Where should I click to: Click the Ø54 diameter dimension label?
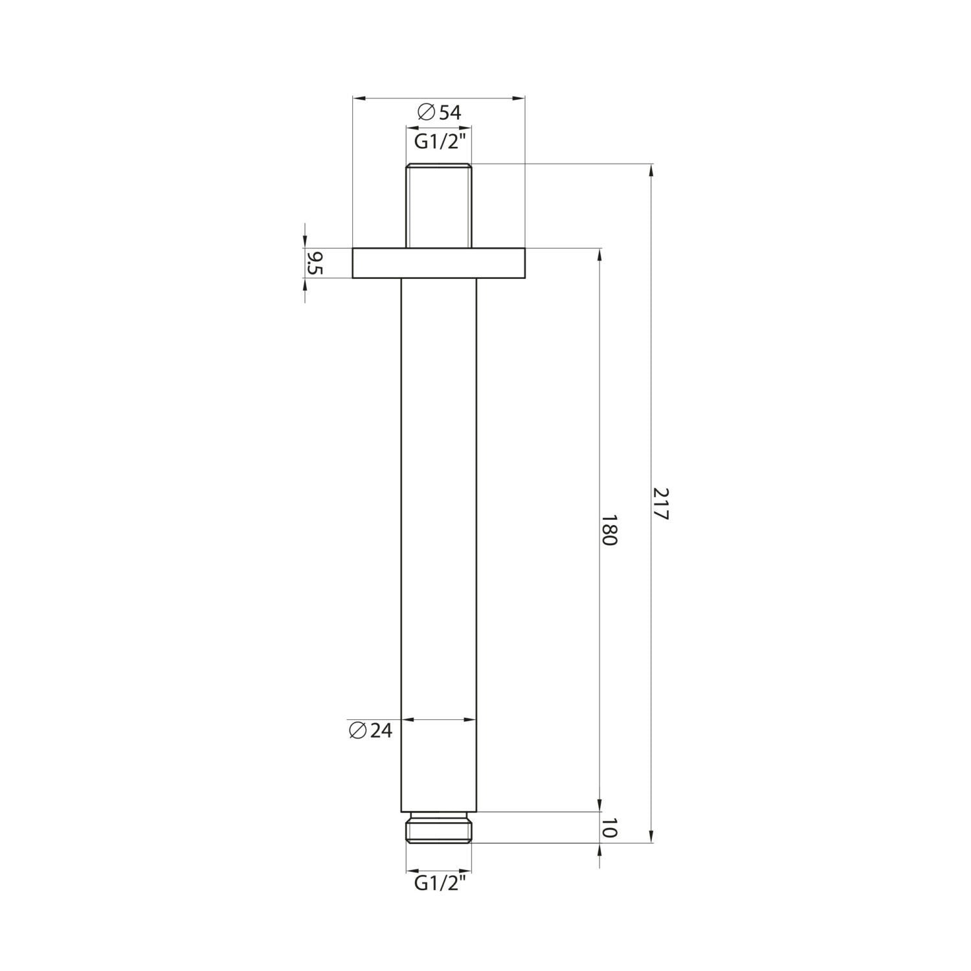coord(440,113)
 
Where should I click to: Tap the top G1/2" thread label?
coord(439,142)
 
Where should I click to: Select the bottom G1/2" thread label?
coord(439,883)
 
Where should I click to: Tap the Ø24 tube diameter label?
coord(370,731)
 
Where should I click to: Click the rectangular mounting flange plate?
coord(438,263)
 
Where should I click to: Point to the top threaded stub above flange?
coord(438,205)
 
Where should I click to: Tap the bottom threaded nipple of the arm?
coord(438,828)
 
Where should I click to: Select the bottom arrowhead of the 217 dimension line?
coord(651,836)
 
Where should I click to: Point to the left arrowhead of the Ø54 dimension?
coord(359,98)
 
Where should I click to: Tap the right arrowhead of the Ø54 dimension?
coord(519,98)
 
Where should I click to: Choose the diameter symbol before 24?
coord(357,730)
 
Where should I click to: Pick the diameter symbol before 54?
coord(426,113)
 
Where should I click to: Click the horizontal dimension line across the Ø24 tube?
coord(438,719)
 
